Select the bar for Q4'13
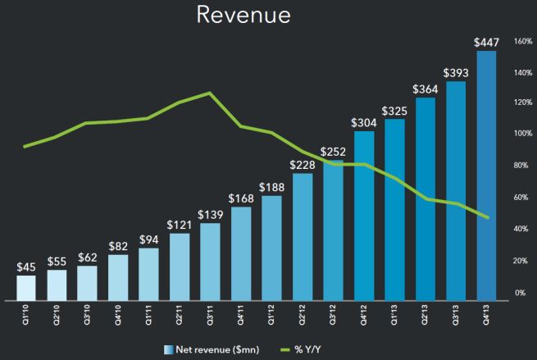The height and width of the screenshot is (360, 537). point(486,176)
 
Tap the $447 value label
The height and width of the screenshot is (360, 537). point(486,43)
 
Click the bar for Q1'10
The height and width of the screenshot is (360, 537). point(26,288)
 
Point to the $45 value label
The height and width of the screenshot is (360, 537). point(26,267)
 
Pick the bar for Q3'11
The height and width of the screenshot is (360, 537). point(210,262)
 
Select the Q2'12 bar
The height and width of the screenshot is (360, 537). point(303,237)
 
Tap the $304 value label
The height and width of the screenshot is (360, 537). point(364,122)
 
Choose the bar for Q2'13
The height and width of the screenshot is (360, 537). point(425,199)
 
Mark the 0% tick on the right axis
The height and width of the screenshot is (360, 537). point(519,293)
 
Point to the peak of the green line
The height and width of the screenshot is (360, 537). point(210,93)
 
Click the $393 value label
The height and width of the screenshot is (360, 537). point(455,73)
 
